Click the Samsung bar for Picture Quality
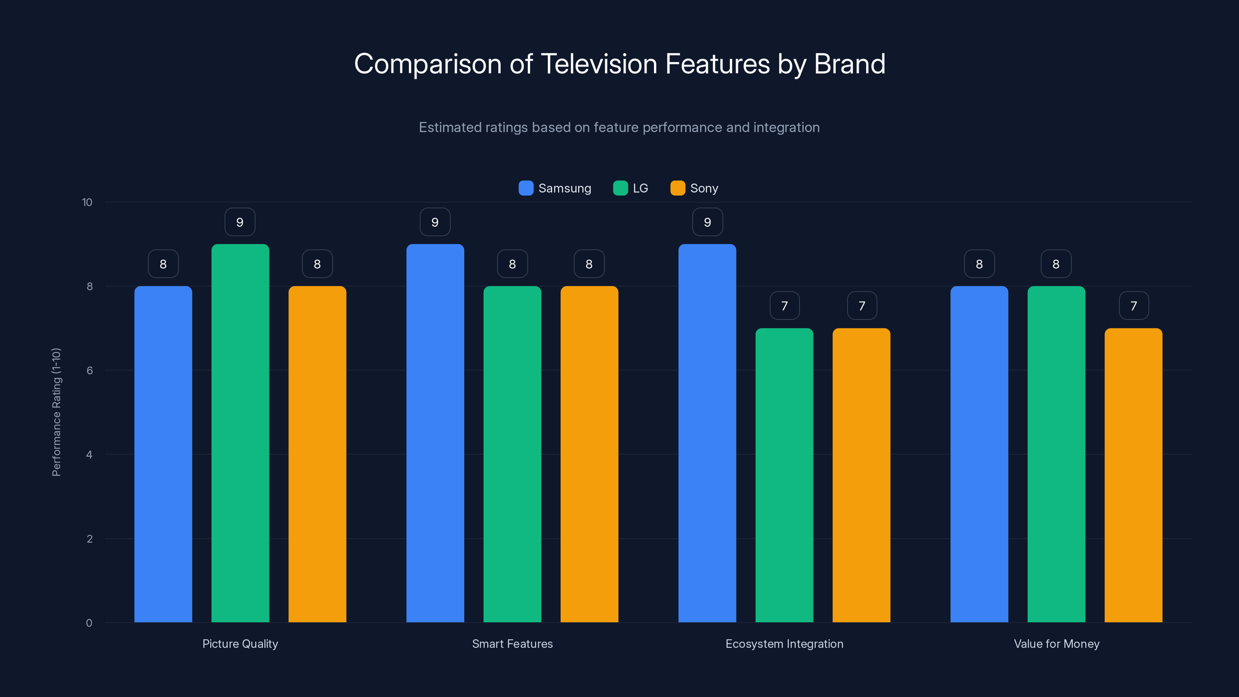tap(163, 454)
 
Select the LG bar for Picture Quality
tap(240, 433)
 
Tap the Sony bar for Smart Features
tap(589, 454)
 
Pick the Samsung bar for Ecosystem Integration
tap(707, 433)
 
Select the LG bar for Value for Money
tap(1056, 454)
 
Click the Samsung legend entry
tap(555, 188)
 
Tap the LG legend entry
tap(631, 188)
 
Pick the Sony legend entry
tap(695, 188)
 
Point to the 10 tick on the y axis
tap(87, 203)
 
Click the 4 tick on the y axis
tap(89, 455)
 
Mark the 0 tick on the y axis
tap(89, 623)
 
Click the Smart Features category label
tap(512, 644)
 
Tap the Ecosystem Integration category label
tap(784, 644)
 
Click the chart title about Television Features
tap(619, 64)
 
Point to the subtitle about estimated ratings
tap(619, 127)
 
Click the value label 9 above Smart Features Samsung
tap(435, 222)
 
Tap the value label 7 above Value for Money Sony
tap(1134, 306)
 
